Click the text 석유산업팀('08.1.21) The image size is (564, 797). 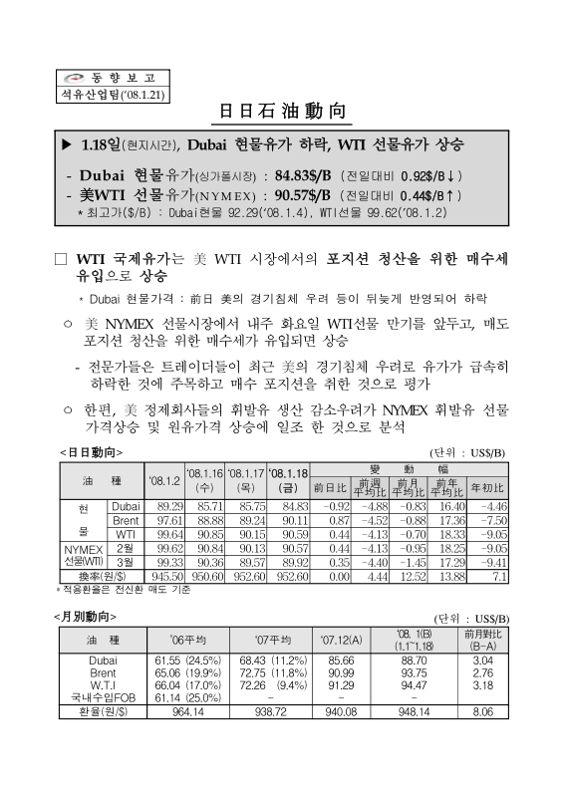tap(93, 94)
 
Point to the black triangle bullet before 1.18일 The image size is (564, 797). tap(67, 145)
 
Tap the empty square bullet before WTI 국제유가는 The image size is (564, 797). tap(60, 259)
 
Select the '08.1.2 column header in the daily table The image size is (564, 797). tap(162, 481)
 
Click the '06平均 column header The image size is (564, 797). tap(187, 639)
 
